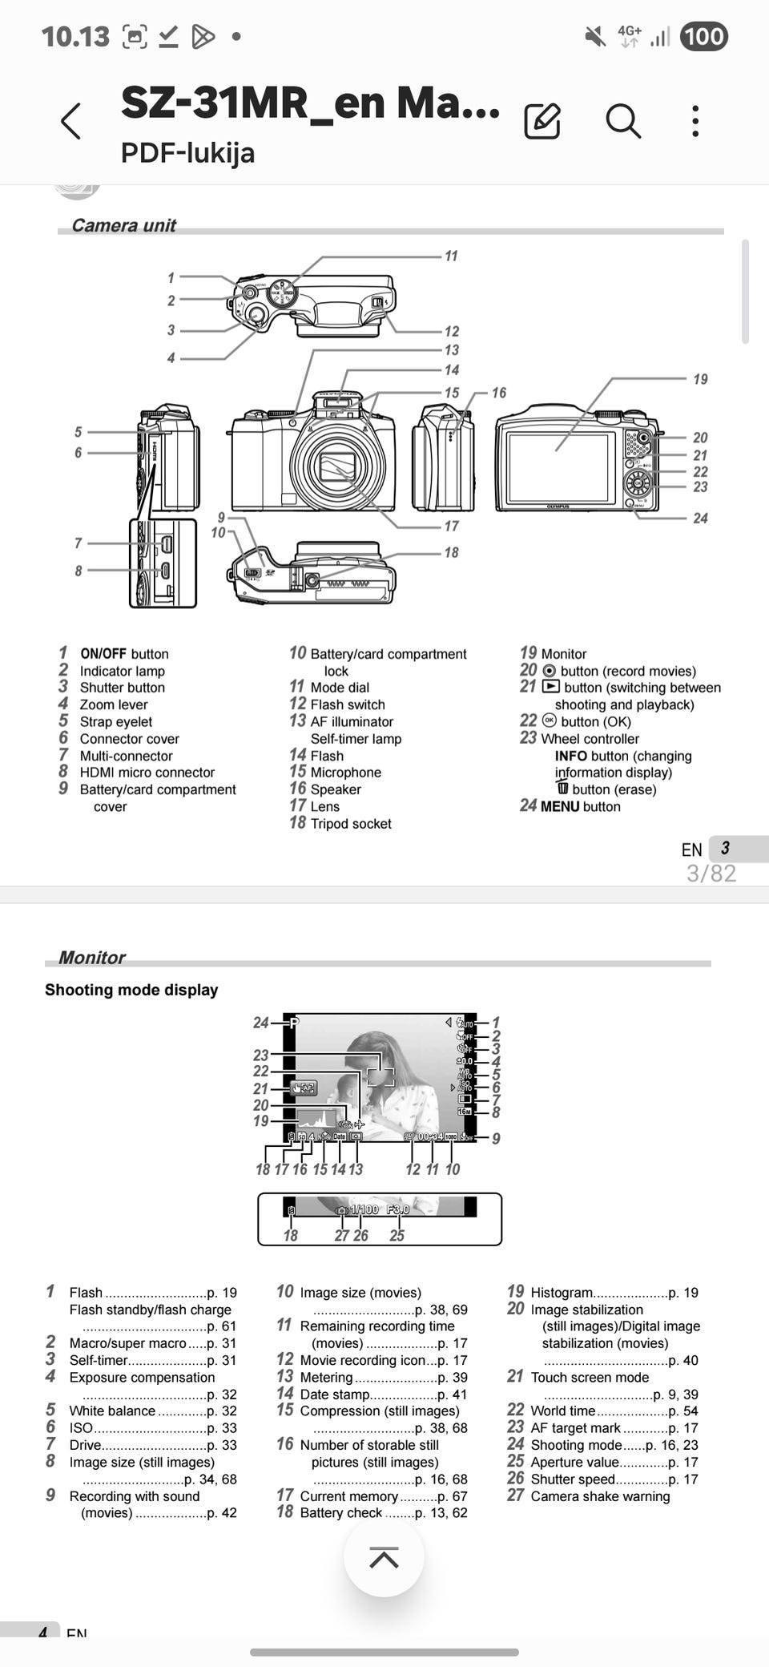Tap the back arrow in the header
click(71, 121)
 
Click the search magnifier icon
click(622, 121)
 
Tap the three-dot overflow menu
click(695, 121)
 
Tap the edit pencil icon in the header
click(542, 121)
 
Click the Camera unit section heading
click(123, 225)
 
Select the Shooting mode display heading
click(131, 990)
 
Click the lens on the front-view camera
click(337, 466)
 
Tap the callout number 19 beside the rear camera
click(700, 379)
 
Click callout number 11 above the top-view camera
click(451, 256)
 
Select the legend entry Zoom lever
click(114, 704)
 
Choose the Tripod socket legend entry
click(350, 824)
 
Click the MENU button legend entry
click(580, 806)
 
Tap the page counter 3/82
click(711, 873)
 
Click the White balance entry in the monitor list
click(112, 1411)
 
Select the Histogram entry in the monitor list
click(562, 1293)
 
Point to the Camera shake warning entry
click(600, 1496)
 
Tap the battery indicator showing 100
click(703, 36)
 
